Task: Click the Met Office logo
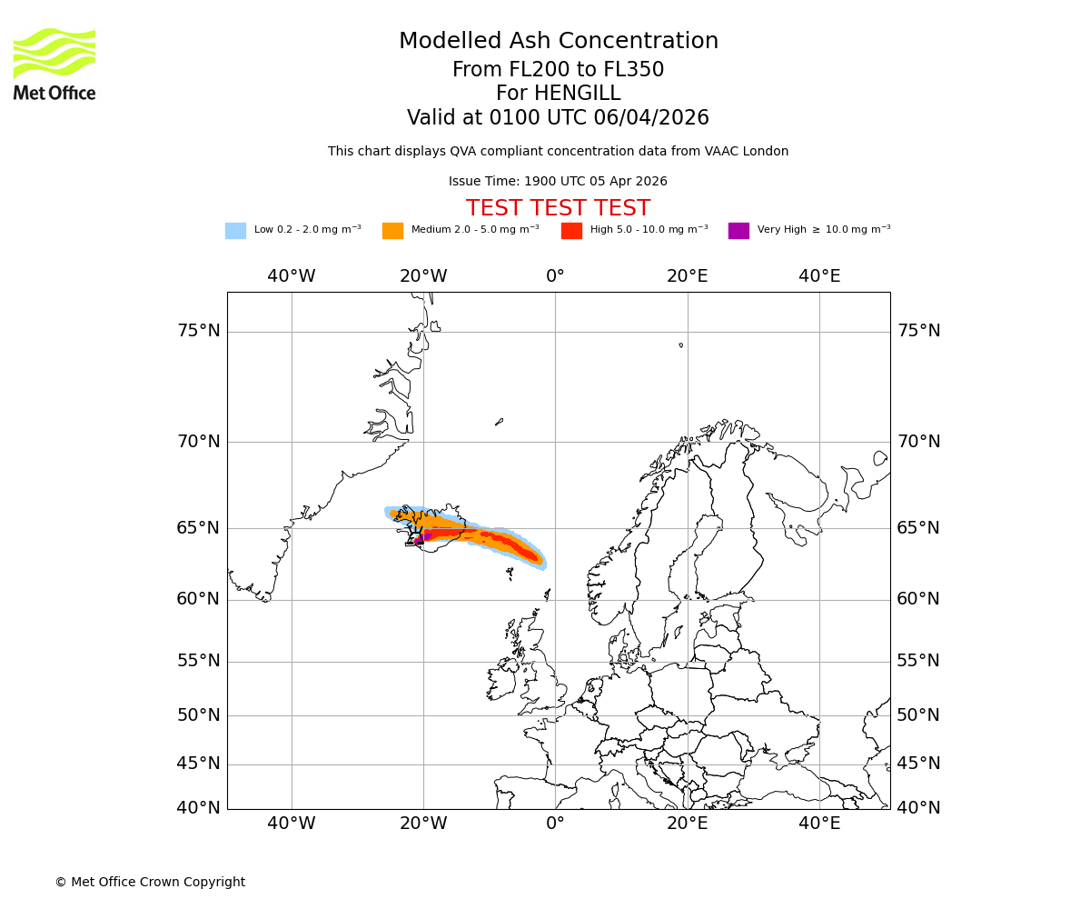point(54,64)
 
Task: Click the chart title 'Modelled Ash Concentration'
point(558,42)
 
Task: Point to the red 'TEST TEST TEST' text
point(558,208)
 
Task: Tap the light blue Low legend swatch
point(235,231)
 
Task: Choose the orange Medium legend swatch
point(392,231)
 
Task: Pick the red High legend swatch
point(571,231)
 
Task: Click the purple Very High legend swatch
point(738,231)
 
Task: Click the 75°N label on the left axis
point(198,331)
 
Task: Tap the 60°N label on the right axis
point(919,599)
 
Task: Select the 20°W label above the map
point(423,276)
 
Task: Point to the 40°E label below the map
point(819,824)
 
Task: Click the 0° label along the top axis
point(555,276)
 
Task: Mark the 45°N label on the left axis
point(198,764)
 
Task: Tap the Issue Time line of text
point(558,182)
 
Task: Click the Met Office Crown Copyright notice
point(150,882)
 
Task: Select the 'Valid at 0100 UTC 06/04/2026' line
point(558,118)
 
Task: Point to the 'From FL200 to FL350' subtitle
point(558,70)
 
